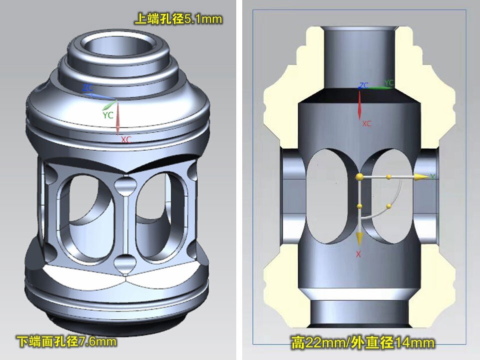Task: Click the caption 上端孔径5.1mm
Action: coord(178,19)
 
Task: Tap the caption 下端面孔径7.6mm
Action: coord(66,341)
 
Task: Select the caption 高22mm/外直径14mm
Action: coord(363,342)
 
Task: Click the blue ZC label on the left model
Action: coord(88,88)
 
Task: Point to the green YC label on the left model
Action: coord(108,115)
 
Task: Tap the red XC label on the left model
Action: coord(126,140)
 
